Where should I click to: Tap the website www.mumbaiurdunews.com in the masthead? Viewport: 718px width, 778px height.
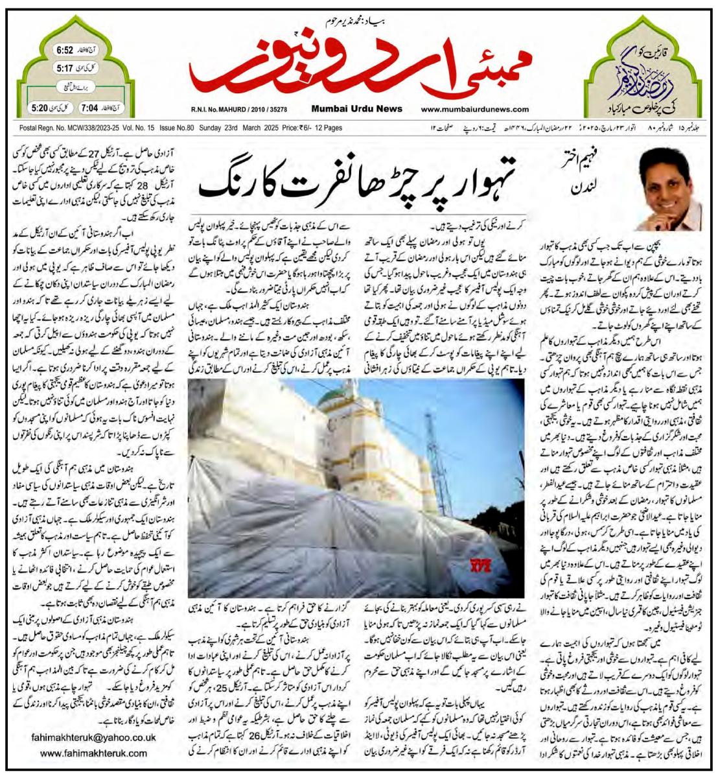474,110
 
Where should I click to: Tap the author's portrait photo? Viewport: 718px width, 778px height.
671,189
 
